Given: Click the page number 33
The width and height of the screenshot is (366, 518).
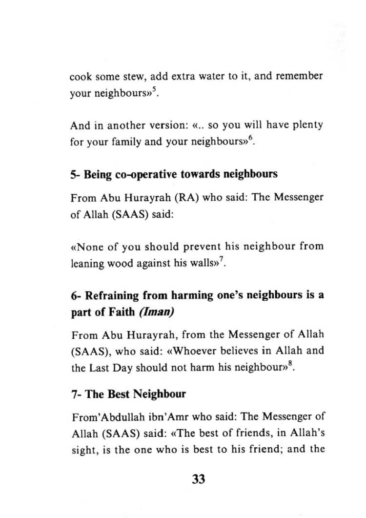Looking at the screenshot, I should point(198,478).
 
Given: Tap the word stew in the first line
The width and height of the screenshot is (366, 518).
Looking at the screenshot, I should point(131,77).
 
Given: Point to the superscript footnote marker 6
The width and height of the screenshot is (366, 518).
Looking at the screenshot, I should point(250,141).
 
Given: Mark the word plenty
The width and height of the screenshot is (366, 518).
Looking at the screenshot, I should point(306,125).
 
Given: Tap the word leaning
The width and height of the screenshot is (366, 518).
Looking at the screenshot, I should point(85,264).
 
